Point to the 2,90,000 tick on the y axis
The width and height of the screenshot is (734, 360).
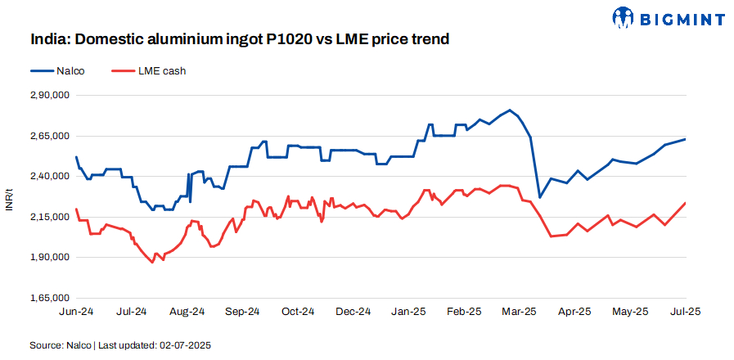(50, 96)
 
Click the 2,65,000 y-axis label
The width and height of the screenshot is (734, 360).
(50, 136)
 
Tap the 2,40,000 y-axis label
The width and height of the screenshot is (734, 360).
(50, 177)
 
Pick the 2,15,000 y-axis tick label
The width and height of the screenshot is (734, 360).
(50, 217)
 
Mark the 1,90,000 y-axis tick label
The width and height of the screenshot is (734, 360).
(50, 258)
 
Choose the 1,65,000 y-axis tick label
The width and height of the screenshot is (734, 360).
(50, 298)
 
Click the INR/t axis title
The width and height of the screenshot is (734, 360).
(9, 197)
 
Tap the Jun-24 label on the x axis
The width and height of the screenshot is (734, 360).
(76, 312)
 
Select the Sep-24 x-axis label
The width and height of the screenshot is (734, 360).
(242, 312)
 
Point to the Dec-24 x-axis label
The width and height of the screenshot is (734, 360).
(353, 312)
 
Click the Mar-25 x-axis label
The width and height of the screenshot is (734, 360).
(520, 312)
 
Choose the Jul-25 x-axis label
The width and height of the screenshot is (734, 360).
(685, 312)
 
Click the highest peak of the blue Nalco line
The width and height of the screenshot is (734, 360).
(510, 110)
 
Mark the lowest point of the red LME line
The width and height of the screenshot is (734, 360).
(152, 263)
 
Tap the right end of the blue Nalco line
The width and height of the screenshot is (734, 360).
(685, 139)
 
